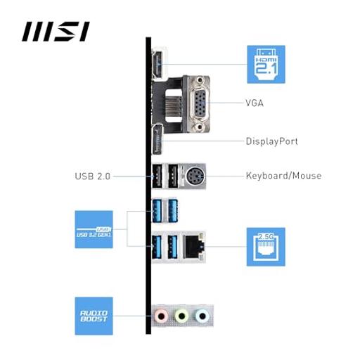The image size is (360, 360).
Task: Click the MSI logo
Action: point(56,32)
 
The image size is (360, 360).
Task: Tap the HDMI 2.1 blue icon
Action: point(266,64)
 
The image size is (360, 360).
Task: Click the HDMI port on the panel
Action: point(157,64)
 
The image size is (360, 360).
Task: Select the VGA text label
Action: point(255,103)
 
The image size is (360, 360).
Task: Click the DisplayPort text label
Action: point(272,141)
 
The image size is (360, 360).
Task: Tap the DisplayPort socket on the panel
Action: point(157,140)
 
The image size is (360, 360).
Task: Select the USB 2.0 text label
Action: point(93,176)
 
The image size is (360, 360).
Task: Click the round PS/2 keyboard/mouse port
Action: point(195,176)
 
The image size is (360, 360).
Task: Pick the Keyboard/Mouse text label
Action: point(283,176)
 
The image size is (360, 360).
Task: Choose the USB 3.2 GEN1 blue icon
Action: point(94,229)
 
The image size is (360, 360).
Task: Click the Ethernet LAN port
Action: point(193,247)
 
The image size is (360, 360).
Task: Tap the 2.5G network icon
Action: point(266,247)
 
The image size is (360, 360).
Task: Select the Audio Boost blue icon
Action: point(94,316)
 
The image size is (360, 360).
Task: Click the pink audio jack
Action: point(161,316)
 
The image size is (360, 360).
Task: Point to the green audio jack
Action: point(182,316)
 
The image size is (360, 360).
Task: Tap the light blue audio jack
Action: point(202,316)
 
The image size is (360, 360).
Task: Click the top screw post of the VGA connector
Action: point(200,80)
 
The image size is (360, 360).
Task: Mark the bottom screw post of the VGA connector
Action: point(200,127)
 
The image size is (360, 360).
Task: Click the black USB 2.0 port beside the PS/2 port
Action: point(173,176)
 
